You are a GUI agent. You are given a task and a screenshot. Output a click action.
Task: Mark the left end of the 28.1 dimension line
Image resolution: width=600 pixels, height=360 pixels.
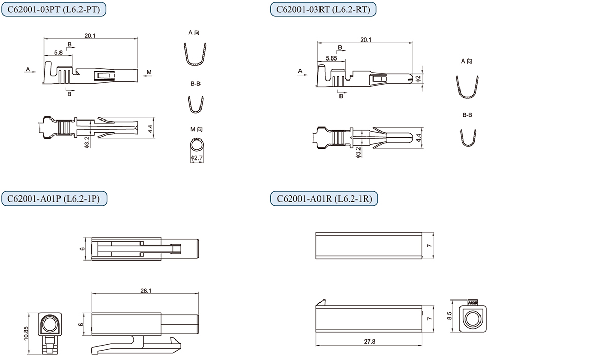[92, 294]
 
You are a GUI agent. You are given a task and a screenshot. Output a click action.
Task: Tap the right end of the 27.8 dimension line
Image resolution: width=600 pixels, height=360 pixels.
[422, 345]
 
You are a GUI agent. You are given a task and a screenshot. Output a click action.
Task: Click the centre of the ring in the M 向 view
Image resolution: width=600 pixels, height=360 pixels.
[197, 145]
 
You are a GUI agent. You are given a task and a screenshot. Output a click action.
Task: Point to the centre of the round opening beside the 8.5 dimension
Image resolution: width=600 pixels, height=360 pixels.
[473, 318]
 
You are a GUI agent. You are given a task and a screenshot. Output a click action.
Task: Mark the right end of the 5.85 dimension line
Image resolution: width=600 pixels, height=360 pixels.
[345, 61]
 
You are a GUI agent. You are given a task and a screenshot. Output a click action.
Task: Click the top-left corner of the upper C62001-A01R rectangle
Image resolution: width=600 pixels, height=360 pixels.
[316, 232]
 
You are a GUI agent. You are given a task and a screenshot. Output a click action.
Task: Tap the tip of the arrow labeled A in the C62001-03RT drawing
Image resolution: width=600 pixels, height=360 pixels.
[307, 74]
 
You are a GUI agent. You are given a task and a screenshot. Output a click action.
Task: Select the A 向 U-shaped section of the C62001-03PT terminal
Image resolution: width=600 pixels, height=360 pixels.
[195, 53]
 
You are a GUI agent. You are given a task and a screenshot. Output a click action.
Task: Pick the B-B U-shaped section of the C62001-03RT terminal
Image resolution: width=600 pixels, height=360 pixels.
[468, 138]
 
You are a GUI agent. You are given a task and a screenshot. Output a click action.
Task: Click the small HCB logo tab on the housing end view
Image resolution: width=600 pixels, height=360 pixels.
[473, 303]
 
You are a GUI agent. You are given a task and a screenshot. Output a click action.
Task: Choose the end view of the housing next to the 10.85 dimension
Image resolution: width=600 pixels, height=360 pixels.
[50, 333]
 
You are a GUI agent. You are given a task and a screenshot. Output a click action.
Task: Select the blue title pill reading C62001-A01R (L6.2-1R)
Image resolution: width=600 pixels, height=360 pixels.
[324, 198]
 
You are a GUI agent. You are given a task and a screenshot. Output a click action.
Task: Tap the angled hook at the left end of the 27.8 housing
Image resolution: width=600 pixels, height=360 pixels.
[321, 303]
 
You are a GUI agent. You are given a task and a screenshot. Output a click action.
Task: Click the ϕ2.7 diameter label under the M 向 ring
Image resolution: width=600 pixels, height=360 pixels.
[197, 158]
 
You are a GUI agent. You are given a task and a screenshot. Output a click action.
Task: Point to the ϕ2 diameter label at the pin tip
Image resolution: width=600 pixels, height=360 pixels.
[418, 78]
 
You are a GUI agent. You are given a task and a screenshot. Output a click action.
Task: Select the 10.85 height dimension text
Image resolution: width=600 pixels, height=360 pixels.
[26, 334]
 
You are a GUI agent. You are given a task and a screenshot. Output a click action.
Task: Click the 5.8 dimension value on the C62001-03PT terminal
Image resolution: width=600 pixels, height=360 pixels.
[58, 52]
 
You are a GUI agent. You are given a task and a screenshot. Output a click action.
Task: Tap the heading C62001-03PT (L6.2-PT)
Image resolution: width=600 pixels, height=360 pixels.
[53, 10]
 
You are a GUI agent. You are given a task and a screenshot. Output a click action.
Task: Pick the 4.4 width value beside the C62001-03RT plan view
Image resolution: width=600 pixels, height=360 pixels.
[418, 138]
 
